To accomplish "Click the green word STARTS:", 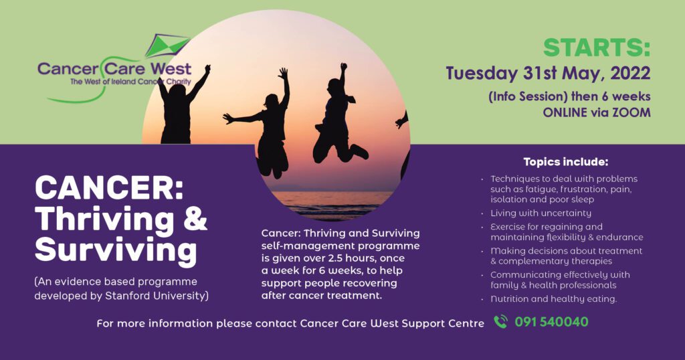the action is click(597, 48).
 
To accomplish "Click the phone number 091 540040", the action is click(551, 322).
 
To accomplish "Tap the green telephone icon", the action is click(500, 322).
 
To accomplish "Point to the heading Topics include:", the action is click(566, 162).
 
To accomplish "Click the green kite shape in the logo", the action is click(167, 46).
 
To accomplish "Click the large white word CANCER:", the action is click(109, 188).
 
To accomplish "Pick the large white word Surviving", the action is click(116, 250).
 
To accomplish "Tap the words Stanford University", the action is click(157, 296).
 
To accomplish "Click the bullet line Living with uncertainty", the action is click(541, 213).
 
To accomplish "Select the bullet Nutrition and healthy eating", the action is click(553, 299).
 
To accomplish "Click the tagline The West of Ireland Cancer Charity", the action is click(130, 82).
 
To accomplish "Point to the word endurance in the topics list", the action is click(621, 238).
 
